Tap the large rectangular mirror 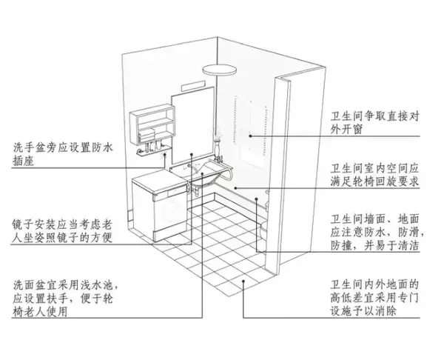coord(190,122)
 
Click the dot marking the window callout coord(250,136)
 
